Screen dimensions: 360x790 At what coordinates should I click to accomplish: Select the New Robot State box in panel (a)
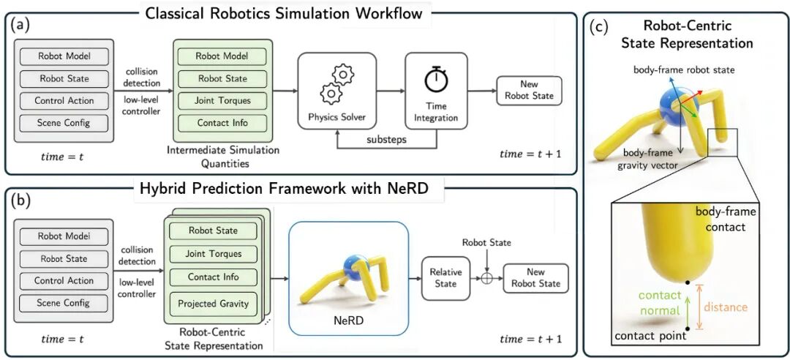click(x=529, y=91)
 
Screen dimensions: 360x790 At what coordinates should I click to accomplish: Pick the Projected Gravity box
click(x=213, y=304)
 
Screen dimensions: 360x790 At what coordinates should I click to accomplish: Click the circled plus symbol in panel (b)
click(x=486, y=279)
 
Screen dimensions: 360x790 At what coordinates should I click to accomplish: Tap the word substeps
click(x=387, y=138)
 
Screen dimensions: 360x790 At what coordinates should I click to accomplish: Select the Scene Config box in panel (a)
click(x=64, y=123)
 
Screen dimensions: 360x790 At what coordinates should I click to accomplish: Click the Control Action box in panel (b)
click(x=64, y=280)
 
